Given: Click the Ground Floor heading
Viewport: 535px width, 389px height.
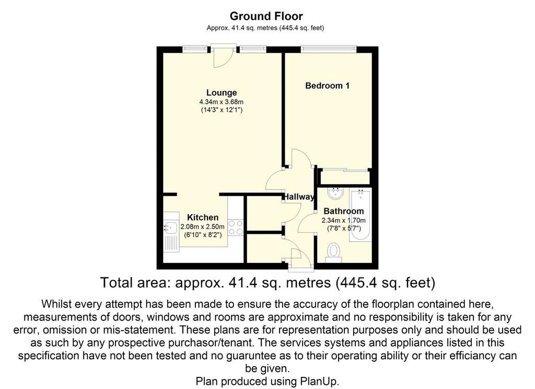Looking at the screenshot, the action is [x=266, y=16].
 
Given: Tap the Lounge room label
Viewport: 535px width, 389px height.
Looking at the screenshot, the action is [x=222, y=93].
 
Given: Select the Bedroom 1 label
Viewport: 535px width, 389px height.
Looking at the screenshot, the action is [x=327, y=85].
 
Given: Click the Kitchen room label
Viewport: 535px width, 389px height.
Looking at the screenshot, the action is [x=203, y=217].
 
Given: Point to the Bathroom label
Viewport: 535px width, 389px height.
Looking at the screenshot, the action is [x=344, y=211].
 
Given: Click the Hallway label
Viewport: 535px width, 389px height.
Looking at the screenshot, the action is [x=299, y=197].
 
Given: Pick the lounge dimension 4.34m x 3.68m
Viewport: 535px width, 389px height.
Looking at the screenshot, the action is [x=222, y=102].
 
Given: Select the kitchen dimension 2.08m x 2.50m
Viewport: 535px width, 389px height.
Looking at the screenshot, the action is [x=202, y=227].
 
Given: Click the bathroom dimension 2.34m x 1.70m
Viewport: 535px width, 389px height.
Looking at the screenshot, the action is [x=344, y=220].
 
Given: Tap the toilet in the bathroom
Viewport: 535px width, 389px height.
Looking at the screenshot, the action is [x=333, y=253].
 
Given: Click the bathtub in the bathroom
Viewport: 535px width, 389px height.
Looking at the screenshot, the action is [x=360, y=216].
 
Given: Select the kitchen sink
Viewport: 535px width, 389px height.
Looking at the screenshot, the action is [x=171, y=232].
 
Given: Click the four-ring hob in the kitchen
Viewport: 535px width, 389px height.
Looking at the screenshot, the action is [x=236, y=227].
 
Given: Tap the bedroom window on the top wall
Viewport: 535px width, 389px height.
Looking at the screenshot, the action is [x=329, y=50].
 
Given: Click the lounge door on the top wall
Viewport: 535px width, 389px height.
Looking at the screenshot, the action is [x=223, y=55].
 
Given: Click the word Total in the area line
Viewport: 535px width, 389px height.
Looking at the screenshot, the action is [x=117, y=283].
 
